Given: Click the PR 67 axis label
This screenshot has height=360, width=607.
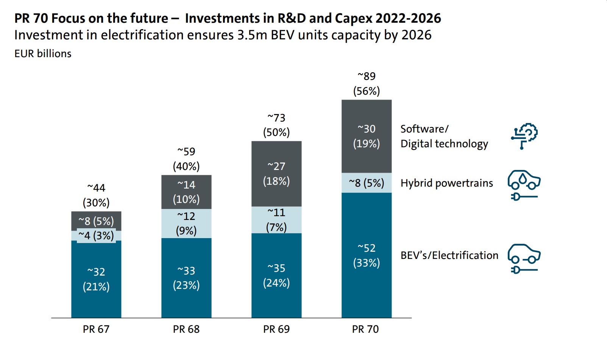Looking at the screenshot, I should (x=96, y=329).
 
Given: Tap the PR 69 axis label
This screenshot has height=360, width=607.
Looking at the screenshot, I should (x=276, y=329).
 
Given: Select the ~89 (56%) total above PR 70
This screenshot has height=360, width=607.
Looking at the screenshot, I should (x=366, y=84).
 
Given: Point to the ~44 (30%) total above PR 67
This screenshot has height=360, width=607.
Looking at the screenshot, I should (x=96, y=195).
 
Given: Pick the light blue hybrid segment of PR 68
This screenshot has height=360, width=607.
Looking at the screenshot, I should (x=186, y=223).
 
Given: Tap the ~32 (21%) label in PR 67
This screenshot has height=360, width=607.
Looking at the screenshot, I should (x=96, y=279).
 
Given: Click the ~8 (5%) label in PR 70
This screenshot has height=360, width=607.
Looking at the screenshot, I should (x=366, y=183).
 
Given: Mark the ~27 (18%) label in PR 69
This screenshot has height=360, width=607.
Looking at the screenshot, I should (x=276, y=174).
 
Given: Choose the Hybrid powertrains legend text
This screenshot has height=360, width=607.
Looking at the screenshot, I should (x=446, y=183).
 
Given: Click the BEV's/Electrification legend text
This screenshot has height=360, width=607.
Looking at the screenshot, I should (x=449, y=256).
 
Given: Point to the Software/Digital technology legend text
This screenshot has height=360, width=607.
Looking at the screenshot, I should (x=444, y=136).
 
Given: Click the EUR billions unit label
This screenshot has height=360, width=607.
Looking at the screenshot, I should (x=43, y=54).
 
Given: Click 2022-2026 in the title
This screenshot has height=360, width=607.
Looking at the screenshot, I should (x=408, y=18).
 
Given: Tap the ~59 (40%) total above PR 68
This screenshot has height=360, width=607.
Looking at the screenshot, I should (x=186, y=159).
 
